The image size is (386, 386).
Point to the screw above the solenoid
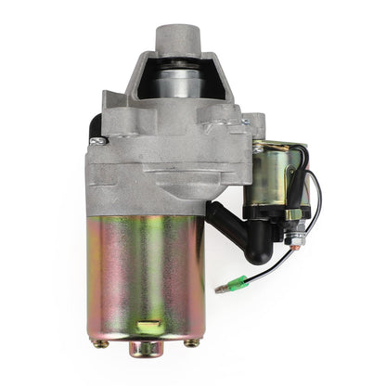tap(245, 122)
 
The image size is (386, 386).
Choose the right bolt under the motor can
tap(190, 344)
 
